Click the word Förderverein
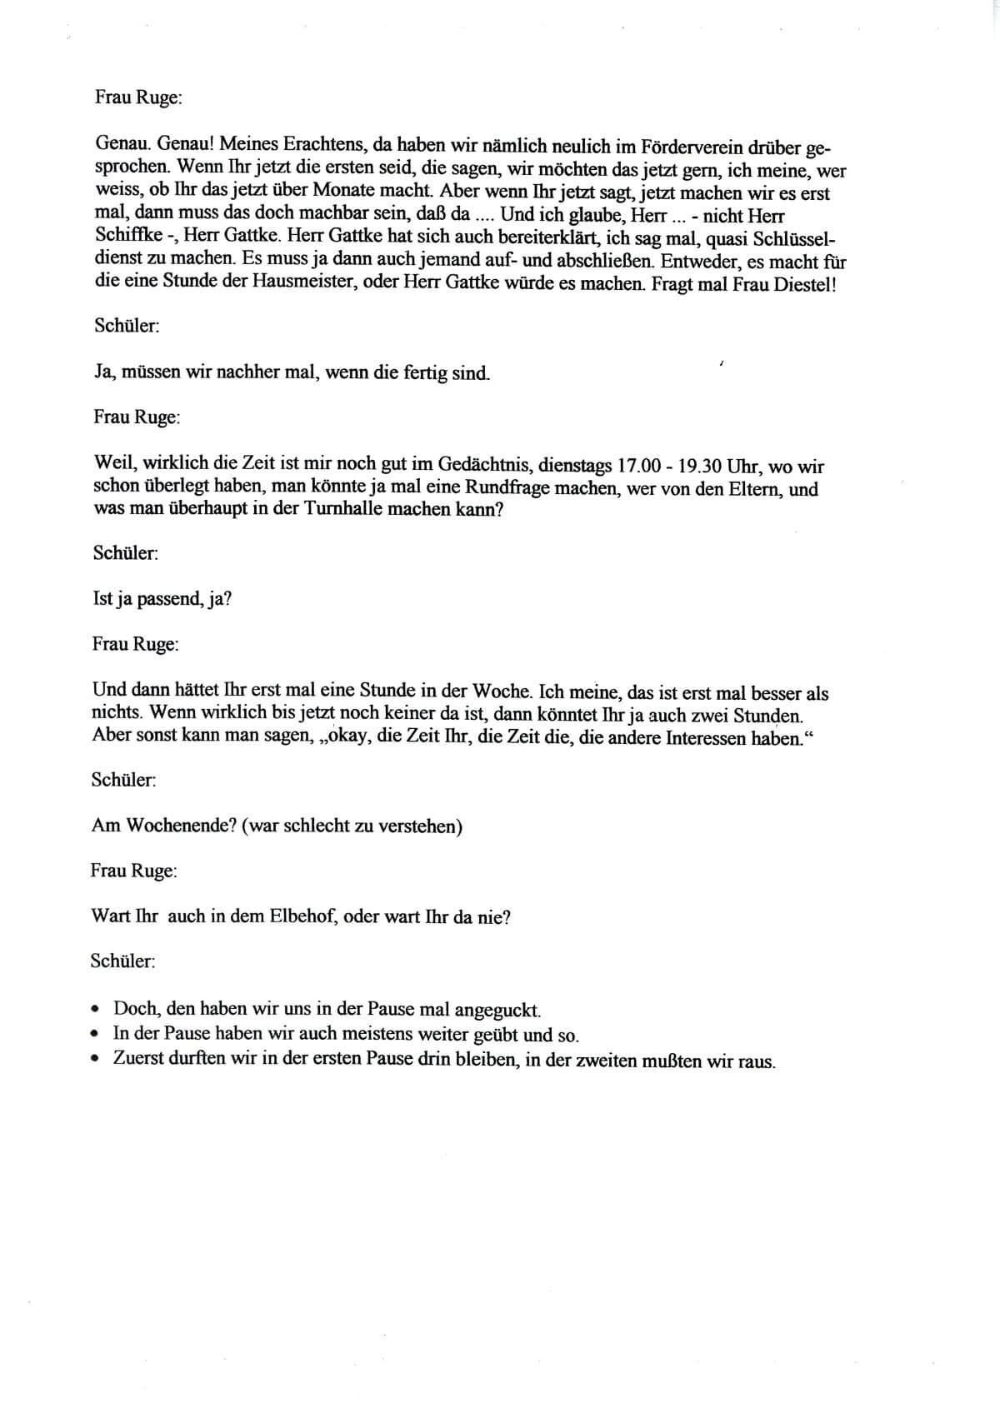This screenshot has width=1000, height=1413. click(x=682, y=147)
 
